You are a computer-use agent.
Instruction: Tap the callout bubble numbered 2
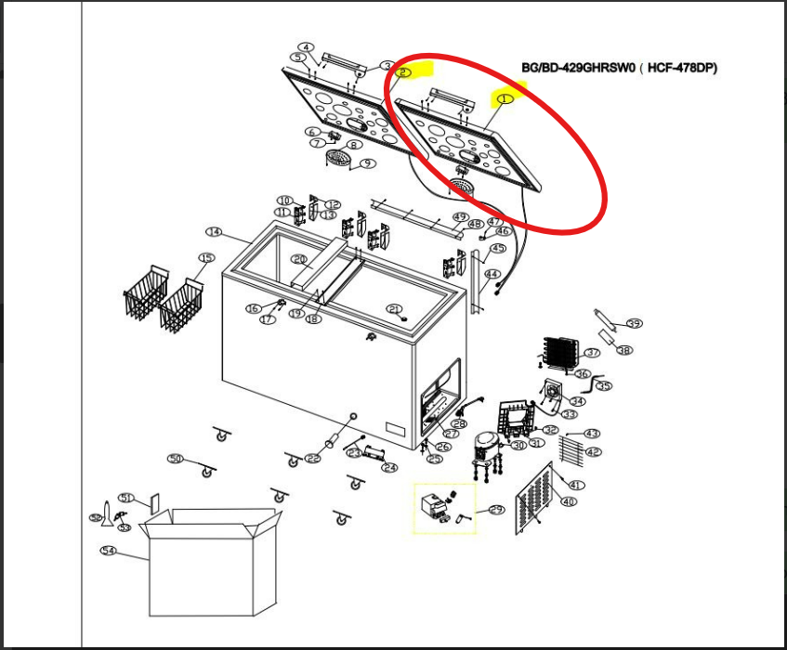[404, 71]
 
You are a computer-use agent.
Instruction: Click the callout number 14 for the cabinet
[214, 231]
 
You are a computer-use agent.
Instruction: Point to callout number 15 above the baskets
[205, 258]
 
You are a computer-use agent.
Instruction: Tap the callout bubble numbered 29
[495, 510]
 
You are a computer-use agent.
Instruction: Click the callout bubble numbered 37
[592, 353]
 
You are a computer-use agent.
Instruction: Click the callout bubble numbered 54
[109, 551]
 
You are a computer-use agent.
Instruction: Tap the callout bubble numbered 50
[176, 459]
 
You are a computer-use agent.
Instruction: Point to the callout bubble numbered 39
[634, 324]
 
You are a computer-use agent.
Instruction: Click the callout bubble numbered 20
[299, 260]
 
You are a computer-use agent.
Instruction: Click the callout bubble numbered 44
[492, 274]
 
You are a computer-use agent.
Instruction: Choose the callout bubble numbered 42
[592, 452]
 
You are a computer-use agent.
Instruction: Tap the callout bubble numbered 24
[389, 468]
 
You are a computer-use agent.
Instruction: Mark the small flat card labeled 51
[154, 504]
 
